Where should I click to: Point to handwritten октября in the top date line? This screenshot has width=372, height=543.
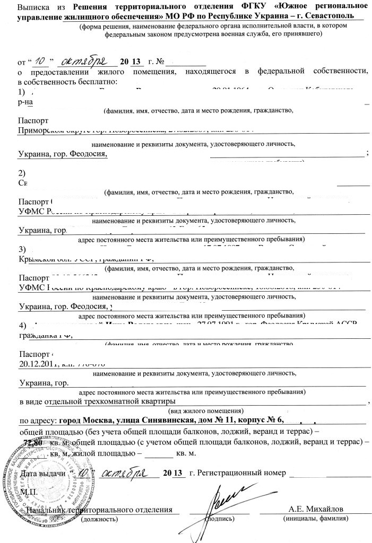point(85,59)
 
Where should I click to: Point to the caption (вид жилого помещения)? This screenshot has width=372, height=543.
point(205,411)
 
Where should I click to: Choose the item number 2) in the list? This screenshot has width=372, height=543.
point(22,173)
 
